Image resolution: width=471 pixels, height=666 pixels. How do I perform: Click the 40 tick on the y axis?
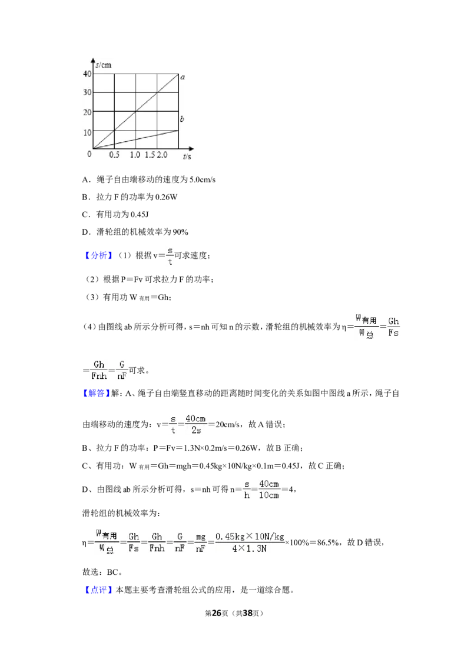click(x=87, y=74)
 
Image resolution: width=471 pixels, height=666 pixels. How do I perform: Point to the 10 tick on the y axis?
click(x=87, y=132)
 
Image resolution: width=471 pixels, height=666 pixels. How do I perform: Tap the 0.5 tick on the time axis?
click(x=114, y=155)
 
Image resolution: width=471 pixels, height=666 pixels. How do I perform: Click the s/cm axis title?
click(x=103, y=65)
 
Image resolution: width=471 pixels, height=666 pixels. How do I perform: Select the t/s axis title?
click(x=187, y=156)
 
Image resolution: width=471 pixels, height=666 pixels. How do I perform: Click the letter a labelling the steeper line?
click(x=183, y=77)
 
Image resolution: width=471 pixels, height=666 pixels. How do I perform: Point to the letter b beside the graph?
click(x=182, y=118)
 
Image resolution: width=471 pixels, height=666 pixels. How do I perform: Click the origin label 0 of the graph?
click(x=89, y=154)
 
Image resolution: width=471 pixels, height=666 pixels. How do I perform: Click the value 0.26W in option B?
click(x=166, y=197)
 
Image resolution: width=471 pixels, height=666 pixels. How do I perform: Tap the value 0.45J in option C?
click(x=140, y=215)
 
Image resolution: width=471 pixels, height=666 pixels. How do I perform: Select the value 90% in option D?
click(x=180, y=232)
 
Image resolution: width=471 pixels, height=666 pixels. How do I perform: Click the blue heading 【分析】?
click(x=99, y=255)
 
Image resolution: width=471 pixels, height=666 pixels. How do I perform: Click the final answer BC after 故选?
click(x=112, y=572)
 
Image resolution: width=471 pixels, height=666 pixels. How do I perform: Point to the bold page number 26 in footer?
click(x=217, y=613)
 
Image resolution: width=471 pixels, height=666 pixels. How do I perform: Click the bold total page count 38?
click(x=248, y=613)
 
